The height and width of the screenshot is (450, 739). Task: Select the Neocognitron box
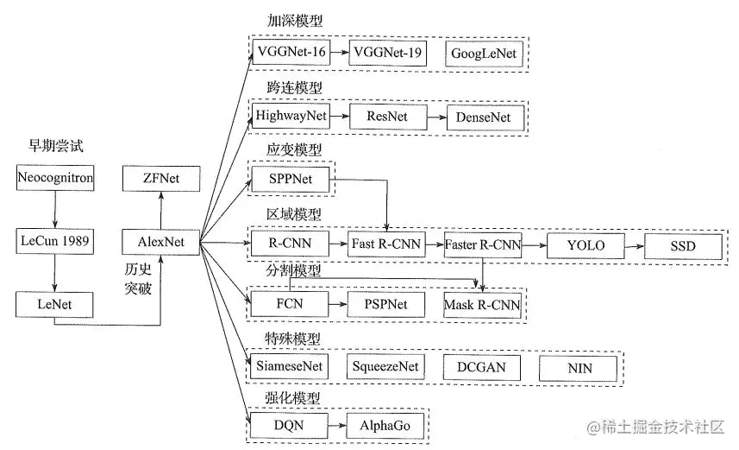tap(54, 179)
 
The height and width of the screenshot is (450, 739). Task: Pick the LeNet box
tap(54, 304)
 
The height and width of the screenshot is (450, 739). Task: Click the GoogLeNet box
tap(484, 54)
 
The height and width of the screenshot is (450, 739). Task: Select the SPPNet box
tap(289, 179)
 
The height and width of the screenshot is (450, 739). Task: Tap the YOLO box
tap(586, 245)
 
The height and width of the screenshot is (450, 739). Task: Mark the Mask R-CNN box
tap(483, 305)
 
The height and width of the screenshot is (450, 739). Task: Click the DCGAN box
tap(482, 367)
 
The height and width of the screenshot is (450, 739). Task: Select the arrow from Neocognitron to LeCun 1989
tap(54, 210)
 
